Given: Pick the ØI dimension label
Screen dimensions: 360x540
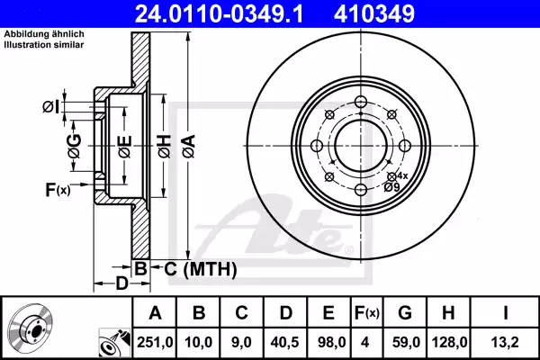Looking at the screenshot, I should (51, 108).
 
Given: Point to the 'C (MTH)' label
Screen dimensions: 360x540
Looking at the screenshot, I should (200, 268).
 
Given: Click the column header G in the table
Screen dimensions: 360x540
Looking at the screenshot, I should (404, 313).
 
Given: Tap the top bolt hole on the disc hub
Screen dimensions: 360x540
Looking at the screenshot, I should (360, 101).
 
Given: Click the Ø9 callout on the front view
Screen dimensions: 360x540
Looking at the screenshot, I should (392, 187).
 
